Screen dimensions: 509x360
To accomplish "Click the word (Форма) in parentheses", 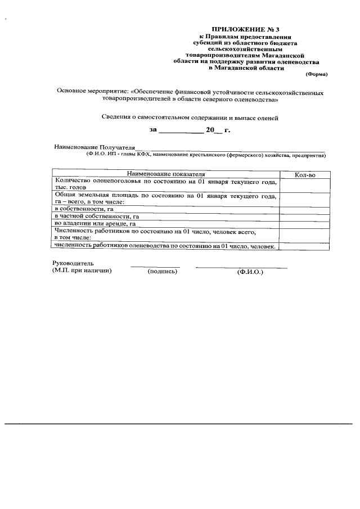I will pos(316,74).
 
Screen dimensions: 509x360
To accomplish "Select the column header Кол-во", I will pos(304,175).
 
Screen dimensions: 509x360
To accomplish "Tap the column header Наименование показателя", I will pos(165,175).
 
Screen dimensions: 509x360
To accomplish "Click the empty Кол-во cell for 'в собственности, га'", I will pos(304,209).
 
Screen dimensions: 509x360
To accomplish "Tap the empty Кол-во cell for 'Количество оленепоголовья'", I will pos(304,184).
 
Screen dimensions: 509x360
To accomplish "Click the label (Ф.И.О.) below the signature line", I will pos(250,272).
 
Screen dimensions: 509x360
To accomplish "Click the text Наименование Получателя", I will pos(95,147).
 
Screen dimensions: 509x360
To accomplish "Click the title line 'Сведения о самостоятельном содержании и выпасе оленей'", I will pos(190,118).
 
